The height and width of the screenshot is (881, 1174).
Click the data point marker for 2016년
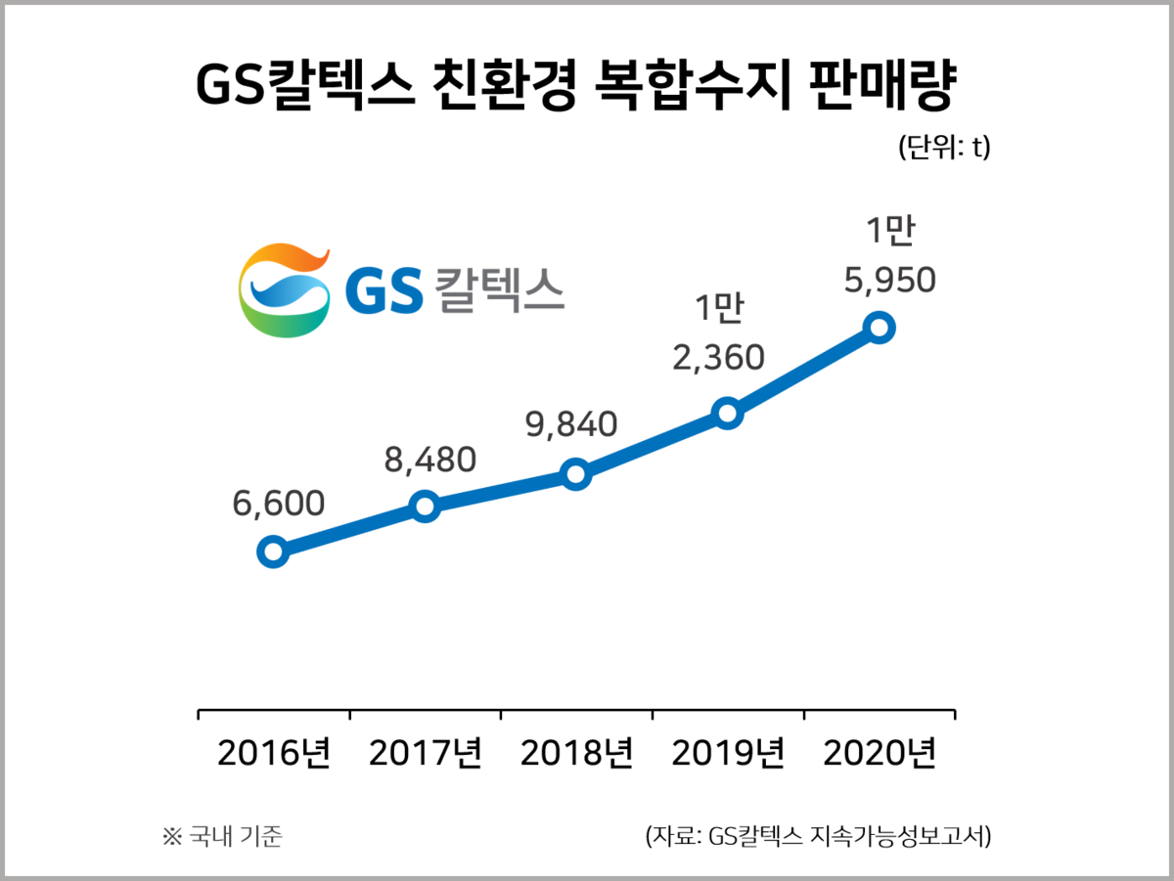click(x=273, y=551)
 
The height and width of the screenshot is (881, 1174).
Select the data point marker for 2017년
click(x=425, y=506)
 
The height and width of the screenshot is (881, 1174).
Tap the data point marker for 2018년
click(x=576, y=475)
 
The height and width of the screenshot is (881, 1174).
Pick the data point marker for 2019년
click(x=727, y=413)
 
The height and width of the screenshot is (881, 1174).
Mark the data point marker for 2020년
click(x=879, y=327)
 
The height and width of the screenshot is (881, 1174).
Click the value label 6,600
click(x=278, y=503)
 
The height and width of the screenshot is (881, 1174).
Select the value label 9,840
click(x=571, y=424)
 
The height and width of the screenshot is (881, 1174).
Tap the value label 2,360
click(x=718, y=358)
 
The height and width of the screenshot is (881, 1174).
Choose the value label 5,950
click(x=890, y=281)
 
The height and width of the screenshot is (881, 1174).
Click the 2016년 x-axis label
click(x=275, y=755)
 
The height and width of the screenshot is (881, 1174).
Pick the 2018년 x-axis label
click(x=577, y=755)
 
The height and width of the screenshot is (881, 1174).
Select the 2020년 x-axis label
click(x=880, y=755)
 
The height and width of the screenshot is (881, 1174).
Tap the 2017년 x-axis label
click(x=427, y=755)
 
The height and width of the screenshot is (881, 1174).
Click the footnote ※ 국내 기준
click(x=221, y=837)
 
